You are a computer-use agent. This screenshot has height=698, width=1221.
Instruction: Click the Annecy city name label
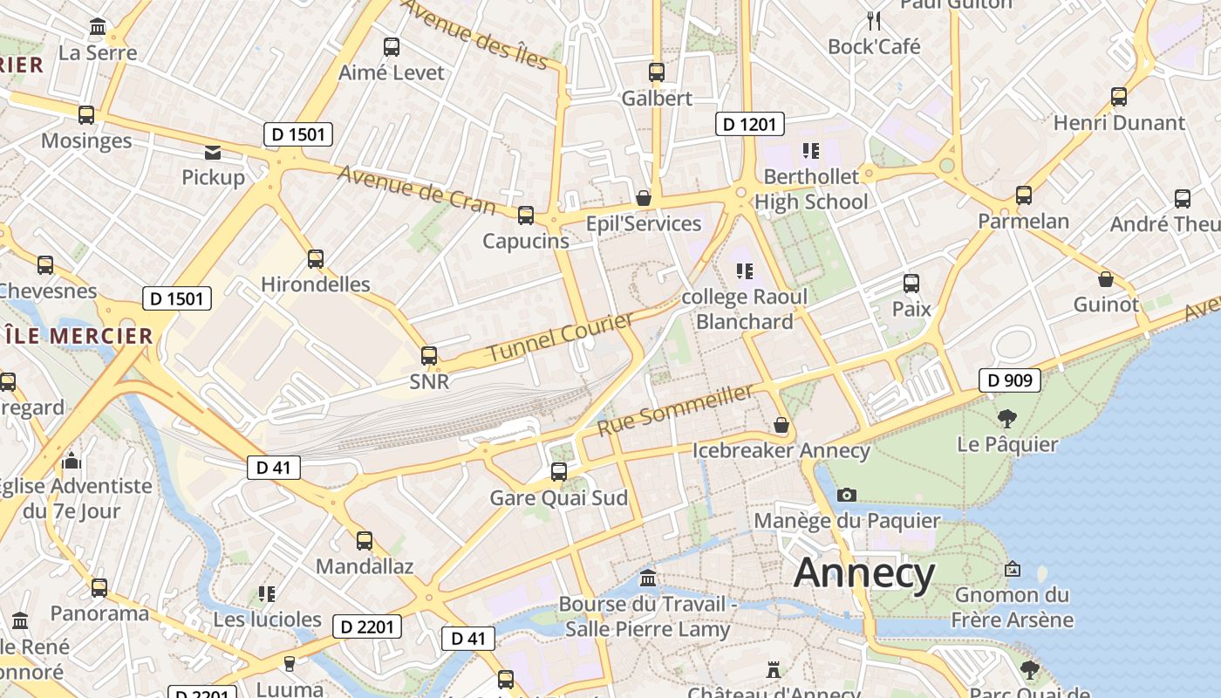[864, 573]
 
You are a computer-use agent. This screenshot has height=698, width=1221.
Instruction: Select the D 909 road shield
[1011, 380]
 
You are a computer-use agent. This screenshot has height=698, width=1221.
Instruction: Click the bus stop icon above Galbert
[657, 72]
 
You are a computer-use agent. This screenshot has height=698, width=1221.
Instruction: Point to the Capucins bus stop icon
[525, 216]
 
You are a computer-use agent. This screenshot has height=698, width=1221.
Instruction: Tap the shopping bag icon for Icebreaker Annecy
[781, 425]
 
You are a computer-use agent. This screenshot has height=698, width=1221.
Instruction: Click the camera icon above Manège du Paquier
[846, 495]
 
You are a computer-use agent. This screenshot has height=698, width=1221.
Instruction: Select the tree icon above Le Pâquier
[1007, 418]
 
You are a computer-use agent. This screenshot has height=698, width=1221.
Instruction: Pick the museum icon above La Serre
[98, 27]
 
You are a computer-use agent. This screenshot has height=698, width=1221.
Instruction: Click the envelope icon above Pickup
[213, 153]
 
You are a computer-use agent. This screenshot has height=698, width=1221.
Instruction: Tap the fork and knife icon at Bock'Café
[874, 20]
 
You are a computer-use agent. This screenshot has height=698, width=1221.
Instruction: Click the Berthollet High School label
[811, 188]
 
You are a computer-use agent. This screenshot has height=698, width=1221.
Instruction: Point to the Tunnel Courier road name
[560, 337]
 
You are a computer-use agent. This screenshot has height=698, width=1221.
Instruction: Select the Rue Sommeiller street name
[675, 409]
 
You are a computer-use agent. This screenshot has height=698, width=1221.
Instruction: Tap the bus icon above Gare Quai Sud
[559, 472]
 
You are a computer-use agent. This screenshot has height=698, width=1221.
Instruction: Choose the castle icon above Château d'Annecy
[773, 670]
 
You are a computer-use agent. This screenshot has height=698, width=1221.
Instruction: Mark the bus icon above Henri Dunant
[1119, 97]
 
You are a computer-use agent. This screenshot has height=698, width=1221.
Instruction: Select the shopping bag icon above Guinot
[1106, 279]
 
